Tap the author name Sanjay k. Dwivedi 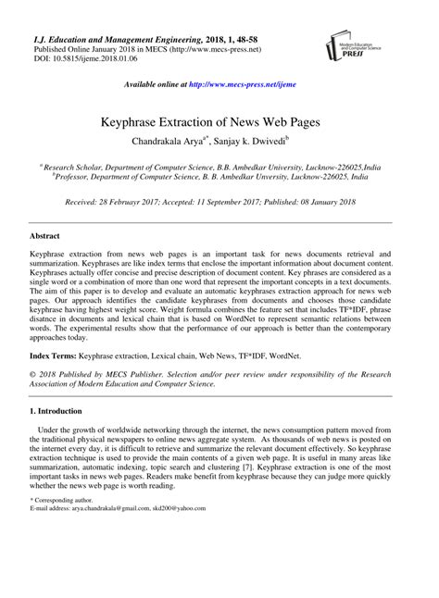[x=265, y=143]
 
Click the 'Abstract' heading [x=48, y=237]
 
